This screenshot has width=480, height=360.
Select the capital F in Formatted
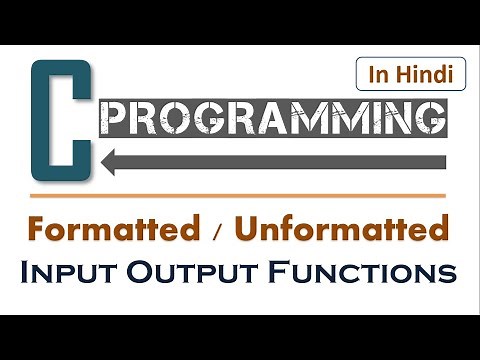40,229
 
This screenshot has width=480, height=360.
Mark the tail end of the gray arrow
440,158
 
